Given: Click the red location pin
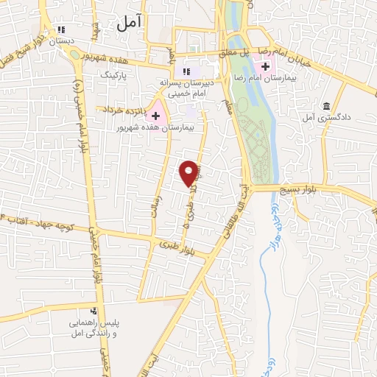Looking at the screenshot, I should tap(191, 172).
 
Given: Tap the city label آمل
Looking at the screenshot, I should tap(127, 24).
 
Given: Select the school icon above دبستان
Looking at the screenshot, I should tap(63, 31).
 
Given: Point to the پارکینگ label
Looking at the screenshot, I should tap(113, 75).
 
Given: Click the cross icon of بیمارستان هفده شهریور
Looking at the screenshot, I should tap(155, 115).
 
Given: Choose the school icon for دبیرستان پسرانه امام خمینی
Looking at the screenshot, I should tap(185, 71).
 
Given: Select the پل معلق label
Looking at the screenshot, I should tap(236, 51).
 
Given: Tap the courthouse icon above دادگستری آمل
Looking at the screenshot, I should tap(327, 106).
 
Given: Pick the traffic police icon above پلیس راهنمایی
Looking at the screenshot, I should tap(94, 311).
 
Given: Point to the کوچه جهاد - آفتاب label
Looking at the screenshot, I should tap(34, 221).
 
